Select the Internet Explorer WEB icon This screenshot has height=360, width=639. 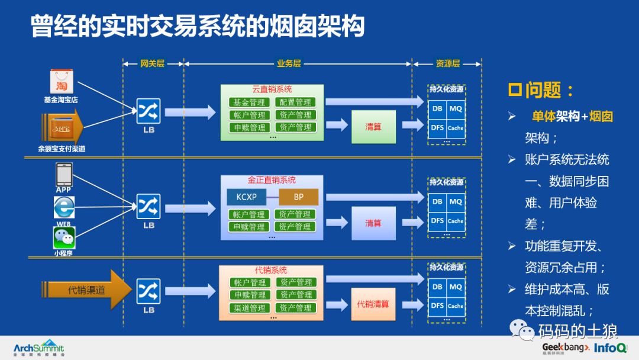[x=63, y=207]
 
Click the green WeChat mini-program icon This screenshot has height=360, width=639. [x=63, y=237]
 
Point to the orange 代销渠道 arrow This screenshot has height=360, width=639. [x=86, y=290]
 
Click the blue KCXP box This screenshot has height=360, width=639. [x=246, y=197]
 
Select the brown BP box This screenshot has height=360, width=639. [x=298, y=197]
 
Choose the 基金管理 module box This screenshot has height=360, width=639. [x=249, y=102]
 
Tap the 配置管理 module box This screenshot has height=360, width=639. [x=295, y=102]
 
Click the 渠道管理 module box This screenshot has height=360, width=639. [x=250, y=308]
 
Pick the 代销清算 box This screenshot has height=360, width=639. [x=373, y=304]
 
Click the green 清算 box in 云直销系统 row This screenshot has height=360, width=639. [x=373, y=127]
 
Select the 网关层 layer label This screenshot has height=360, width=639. [x=152, y=63]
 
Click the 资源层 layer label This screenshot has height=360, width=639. [x=447, y=63]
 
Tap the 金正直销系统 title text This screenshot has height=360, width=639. [x=272, y=180]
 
